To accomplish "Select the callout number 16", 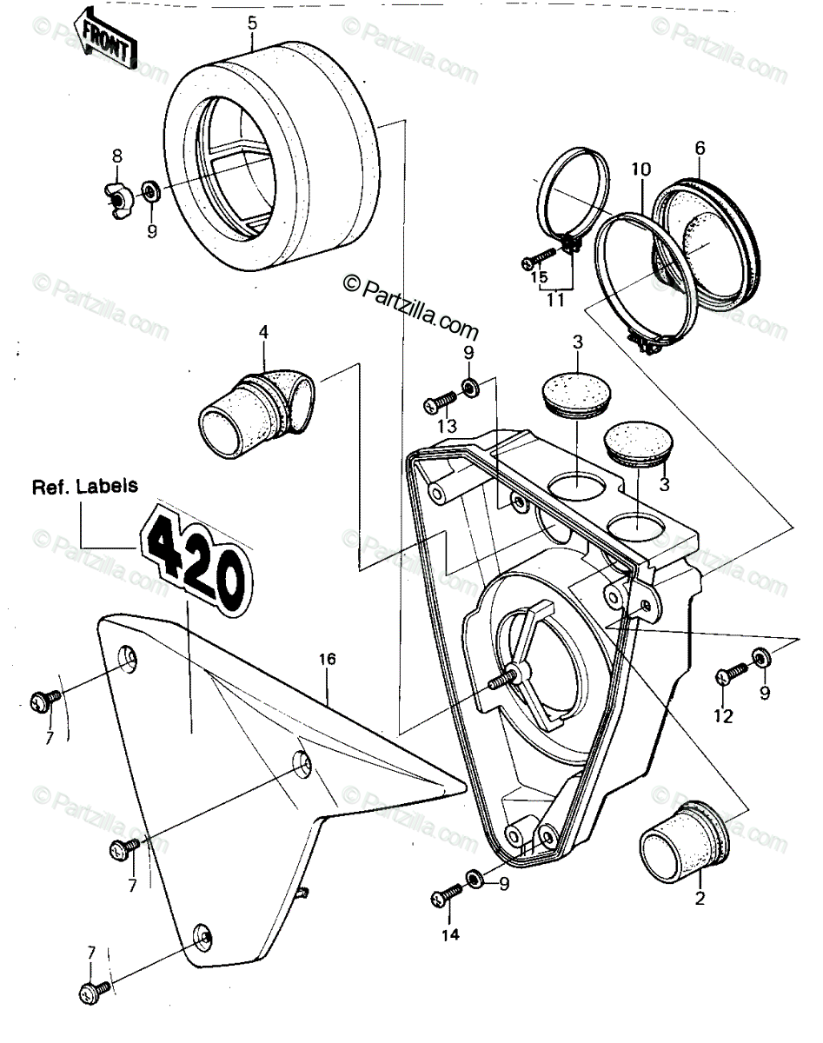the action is tap(328, 659).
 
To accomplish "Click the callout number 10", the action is tap(640, 170).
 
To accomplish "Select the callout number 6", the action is tap(700, 149).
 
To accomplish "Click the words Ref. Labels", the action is tap(85, 486).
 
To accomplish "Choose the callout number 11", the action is tap(556, 300).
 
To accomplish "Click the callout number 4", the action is tap(263, 333).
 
